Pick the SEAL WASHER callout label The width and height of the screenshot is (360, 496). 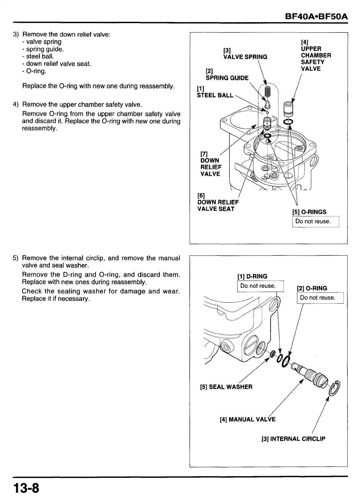226,387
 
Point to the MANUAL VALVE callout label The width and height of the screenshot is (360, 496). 247,420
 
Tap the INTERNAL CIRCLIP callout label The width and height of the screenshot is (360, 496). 293,439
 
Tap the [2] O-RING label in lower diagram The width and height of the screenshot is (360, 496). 312,288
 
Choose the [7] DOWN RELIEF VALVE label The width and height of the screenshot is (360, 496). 211,164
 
